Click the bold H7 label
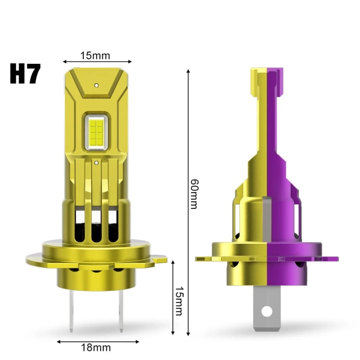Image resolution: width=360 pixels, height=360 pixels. [x=25, y=74]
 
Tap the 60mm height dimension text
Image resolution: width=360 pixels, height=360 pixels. [x=195, y=194]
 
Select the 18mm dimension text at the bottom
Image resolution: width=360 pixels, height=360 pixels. [x=96, y=348]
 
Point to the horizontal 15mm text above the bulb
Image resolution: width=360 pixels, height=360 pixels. [x=95, y=56]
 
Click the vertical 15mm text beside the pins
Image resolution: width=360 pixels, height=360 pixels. [x=180, y=301]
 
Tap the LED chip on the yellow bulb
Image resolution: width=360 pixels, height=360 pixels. [x=96, y=132]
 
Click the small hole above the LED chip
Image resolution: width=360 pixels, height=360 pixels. [x=96, y=85]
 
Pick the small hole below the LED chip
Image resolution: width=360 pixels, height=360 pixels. [x=96, y=163]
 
